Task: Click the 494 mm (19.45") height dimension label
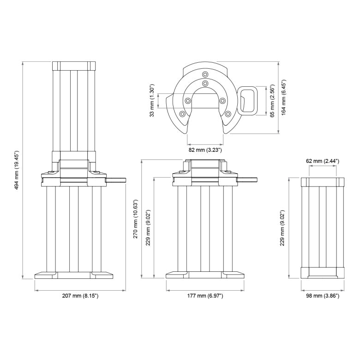coord(17,170)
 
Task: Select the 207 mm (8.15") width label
coord(80,295)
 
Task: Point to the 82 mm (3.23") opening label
coord(205,150)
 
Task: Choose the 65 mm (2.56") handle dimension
coord(272,101)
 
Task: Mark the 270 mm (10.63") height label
coord(135,219)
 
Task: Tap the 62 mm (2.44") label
coord(323,161)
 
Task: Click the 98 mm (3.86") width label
coord(323,295)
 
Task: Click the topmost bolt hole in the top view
coord(205,73)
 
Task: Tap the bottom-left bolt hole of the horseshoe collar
coord(183,114)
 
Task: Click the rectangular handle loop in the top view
coord(250,101)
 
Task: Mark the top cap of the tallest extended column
coord(74,65)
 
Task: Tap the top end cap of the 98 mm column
coord(323,182)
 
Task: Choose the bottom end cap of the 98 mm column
coord(323,273)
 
